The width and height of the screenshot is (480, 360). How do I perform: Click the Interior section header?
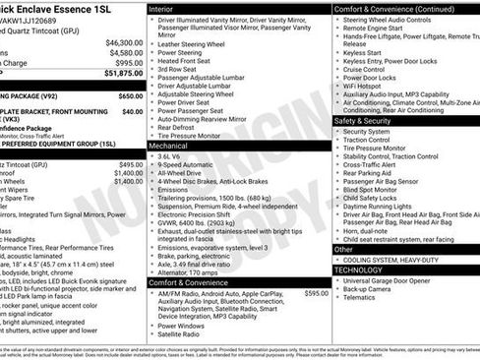(x=166, y=8)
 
